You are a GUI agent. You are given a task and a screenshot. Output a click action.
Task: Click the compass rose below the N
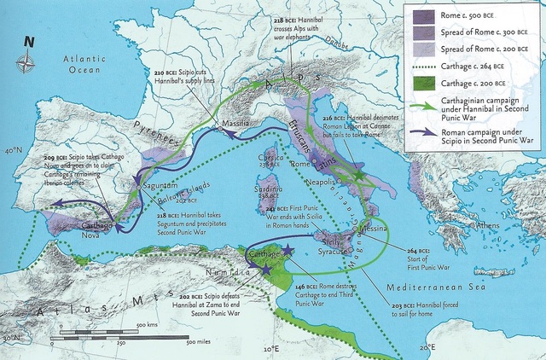pos(29,61)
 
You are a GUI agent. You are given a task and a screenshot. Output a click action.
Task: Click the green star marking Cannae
pos(359,175)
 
